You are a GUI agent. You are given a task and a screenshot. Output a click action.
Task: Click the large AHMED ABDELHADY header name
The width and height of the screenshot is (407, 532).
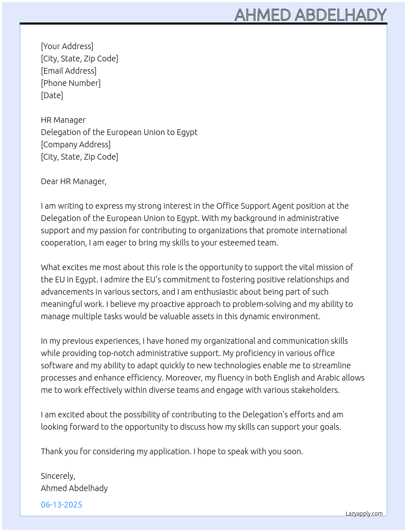coord(310,15)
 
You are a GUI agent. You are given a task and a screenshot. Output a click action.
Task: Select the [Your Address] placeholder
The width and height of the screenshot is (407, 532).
coord(67,46)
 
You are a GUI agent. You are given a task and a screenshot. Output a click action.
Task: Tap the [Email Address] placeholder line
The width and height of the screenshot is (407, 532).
coord(69,71)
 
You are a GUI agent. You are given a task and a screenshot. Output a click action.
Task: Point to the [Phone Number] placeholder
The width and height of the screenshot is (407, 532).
coord(71,83)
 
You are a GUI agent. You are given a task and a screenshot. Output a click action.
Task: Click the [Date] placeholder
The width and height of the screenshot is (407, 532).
coord(52,95)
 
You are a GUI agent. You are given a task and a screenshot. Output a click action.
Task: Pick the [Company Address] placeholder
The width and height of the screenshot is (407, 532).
coord(76,144)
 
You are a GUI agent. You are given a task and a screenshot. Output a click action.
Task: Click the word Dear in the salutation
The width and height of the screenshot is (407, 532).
coord(49,181)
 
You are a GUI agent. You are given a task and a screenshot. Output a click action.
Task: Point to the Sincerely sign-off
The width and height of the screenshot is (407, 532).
coord(58,476)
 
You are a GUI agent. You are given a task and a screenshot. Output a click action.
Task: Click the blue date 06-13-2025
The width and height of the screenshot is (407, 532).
coord(61,505)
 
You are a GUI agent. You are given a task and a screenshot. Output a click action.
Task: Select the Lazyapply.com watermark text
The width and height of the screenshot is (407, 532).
coord(364,514)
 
